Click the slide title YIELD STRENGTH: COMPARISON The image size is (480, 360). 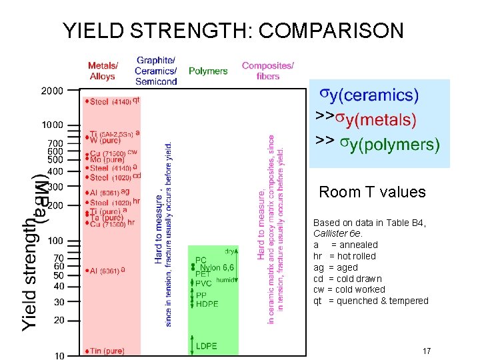[x=233, y=31]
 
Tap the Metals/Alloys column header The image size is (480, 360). [x=103, y=71]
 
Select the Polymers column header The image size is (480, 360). [x=208, y=71]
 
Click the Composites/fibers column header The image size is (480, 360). [x=267, y=71]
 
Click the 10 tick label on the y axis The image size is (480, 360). [x=59, y=355]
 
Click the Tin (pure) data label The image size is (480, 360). [x=105, y=351]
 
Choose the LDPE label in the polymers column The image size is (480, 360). [x=206, y=346]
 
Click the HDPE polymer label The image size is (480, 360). [x=207, y=304]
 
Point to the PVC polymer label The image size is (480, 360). [x=203, y=283]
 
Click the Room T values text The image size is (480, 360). [x=372, y=193]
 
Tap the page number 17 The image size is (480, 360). [x=426, y=351]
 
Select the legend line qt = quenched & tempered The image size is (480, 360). [x=371, y=301]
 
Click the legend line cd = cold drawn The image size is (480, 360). [x=347, y=279]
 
